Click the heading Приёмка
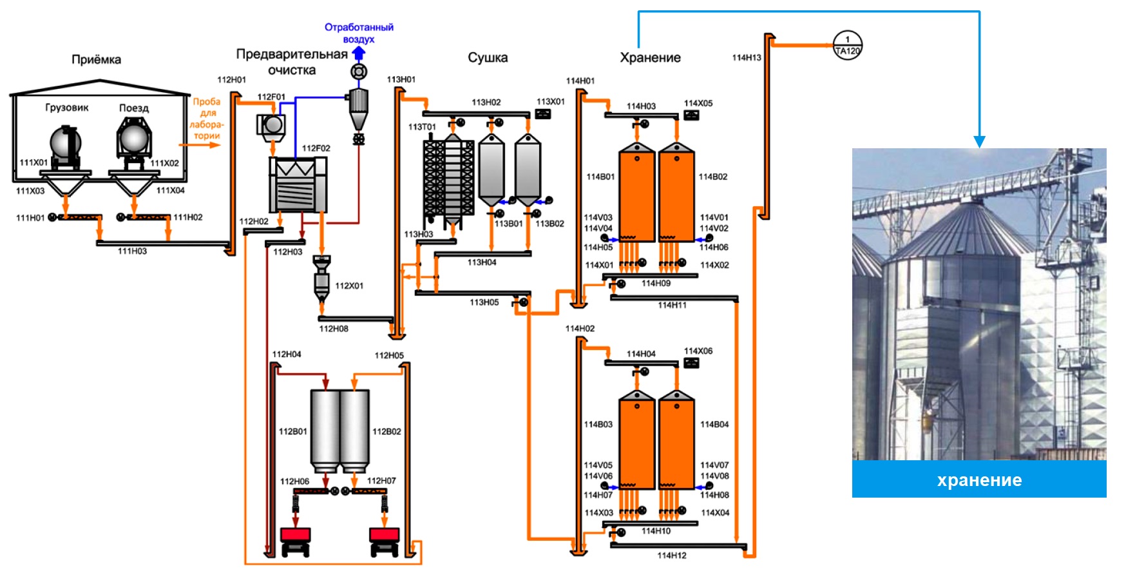click(x=96, y=59)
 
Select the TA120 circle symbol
click(x=847, y=46)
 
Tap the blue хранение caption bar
click(x=978, y=480)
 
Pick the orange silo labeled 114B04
click(x=676, y=442)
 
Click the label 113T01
click(x=422, y=127)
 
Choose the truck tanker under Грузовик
click(x=66, y=145)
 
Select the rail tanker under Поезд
click(x=134, y=141)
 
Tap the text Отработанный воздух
click(x=359, y=33)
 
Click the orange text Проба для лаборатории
click(x=207, y=119)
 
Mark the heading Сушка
click(x=488, y=57)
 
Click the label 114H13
click(x=747, y=57)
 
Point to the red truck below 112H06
click(x=296, y=540)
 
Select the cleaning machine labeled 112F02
click(x=298, y=185)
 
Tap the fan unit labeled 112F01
click(x=271, y=124)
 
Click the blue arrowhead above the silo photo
click(x=979, y=142)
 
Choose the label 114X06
click(x=698, y=351)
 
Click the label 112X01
click(x=349, y=286)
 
